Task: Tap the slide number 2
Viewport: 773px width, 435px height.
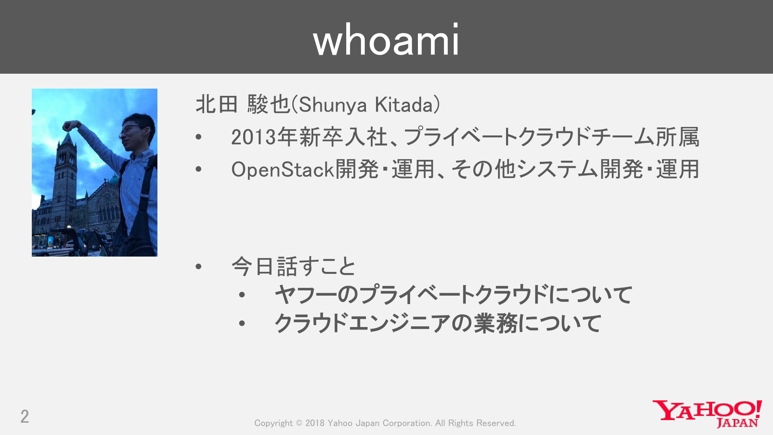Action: [25, 416]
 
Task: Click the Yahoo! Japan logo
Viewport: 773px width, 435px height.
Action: [707, 413]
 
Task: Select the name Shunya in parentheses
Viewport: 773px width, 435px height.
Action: [333, 105]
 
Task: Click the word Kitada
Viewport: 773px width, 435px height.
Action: [403, 105]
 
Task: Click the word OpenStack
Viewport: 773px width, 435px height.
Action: [283, 170]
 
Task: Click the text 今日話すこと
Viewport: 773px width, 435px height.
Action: [293, 266]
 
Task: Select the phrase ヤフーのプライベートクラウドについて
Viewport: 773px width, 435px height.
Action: [453, 294]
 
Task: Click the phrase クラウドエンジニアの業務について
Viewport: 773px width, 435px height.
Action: [438, 323]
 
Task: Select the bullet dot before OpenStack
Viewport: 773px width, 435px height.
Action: [198, 170]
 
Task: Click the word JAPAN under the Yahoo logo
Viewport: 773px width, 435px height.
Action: [738, 423]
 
